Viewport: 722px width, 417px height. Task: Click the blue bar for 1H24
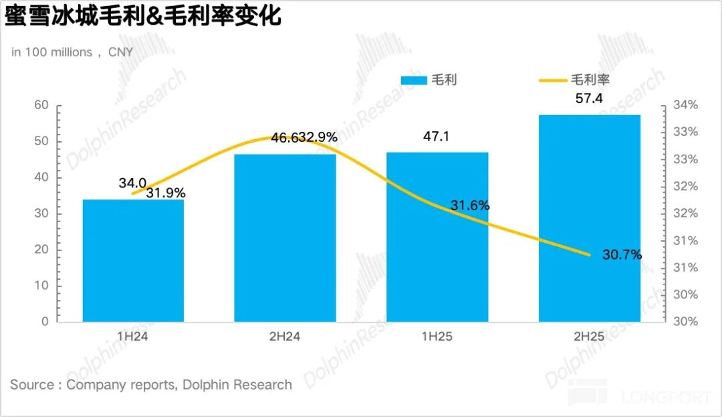133,260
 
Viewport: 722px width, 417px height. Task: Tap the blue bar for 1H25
437,237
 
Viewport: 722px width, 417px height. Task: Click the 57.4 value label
589,98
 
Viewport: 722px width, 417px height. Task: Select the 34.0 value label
133,183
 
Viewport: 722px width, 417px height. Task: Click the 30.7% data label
622,254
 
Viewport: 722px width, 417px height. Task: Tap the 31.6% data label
469,205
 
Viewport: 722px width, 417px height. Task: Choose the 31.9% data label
165,193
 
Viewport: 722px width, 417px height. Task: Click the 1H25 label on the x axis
437,337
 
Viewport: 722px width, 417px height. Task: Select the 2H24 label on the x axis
285,337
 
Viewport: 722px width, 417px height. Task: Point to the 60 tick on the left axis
41,105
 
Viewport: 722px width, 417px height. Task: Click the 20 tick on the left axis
41,250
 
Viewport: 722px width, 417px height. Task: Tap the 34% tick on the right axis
685,105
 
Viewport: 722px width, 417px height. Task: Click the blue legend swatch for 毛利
413,80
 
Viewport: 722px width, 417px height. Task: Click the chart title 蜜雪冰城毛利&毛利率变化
143,16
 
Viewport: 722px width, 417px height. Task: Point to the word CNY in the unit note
120,52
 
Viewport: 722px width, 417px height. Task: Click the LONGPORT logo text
666,397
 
